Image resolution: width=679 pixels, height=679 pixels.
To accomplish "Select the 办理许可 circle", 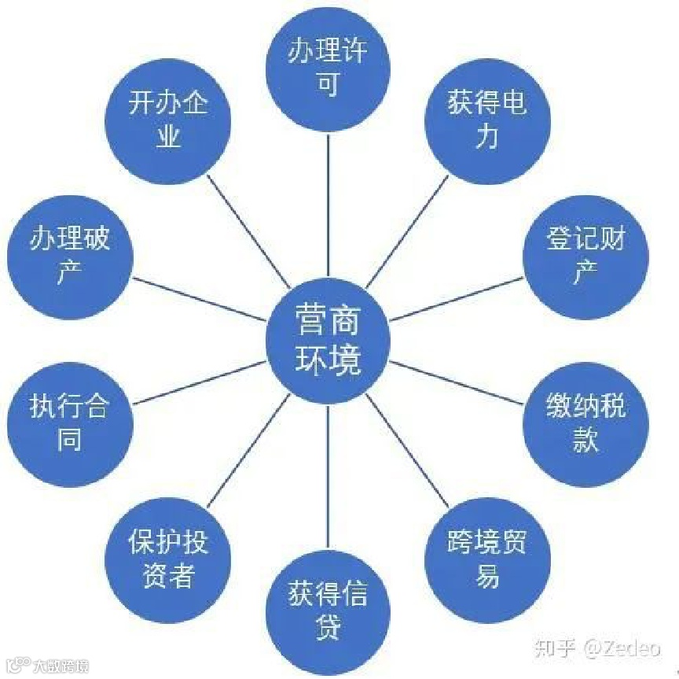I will [328, 68].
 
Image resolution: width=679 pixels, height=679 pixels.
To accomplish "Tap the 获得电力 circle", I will [487, 118].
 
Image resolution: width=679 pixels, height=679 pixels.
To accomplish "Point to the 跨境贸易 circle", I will [487, 560].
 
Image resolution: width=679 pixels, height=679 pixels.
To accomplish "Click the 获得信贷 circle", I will [328, 609].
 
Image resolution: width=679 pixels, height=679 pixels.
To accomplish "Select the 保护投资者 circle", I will [168, 560].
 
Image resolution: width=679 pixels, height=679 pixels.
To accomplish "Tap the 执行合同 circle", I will [69, 423].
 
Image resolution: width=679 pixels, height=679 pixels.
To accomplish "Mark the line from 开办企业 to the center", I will [248, 231].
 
